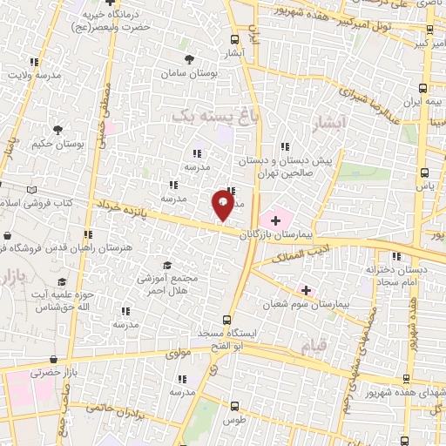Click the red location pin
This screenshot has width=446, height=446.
pos(223,206)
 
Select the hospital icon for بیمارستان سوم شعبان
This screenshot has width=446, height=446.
pos(305,289)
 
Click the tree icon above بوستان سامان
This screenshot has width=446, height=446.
pos(189,59)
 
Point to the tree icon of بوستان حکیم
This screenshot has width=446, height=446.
pos(57,130)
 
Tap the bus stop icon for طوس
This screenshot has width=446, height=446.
pos(233,406)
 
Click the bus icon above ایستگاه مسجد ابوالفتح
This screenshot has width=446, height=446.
pos(226,320)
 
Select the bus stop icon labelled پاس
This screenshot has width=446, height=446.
pos(423,172)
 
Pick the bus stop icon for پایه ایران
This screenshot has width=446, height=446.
pos(423,88)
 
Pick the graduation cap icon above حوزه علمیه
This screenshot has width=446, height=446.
pos(62,282)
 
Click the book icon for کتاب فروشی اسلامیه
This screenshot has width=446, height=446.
pos(32,189)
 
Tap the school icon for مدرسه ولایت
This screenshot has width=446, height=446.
pos(34,62)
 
